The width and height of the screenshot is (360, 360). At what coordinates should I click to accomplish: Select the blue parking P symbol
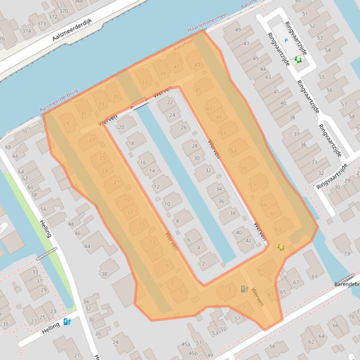point(287,41)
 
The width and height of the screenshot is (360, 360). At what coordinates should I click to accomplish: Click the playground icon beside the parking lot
point(297,60)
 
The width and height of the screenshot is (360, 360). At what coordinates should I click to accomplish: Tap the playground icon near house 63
point(280,247)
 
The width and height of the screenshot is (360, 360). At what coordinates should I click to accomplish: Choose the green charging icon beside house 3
point(243,289)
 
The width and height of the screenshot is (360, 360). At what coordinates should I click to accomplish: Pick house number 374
point(27,31)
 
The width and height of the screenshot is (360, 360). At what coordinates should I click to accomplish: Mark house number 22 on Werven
point(170,102)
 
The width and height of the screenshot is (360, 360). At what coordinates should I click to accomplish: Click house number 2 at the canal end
point(203,264)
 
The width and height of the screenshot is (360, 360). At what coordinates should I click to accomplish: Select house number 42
point(249,241)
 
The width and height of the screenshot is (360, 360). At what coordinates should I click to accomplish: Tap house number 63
point(278,230)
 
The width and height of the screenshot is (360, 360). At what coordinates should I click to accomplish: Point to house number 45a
point(186,345)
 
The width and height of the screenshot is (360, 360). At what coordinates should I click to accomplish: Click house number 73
point(347,253)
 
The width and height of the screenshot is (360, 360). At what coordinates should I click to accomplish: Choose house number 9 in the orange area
point(167,266)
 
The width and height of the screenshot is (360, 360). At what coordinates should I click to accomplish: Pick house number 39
point(162,74)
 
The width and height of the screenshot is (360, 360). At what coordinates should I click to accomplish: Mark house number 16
point(143,163)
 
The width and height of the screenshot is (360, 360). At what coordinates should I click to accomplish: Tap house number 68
point(8,147)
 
